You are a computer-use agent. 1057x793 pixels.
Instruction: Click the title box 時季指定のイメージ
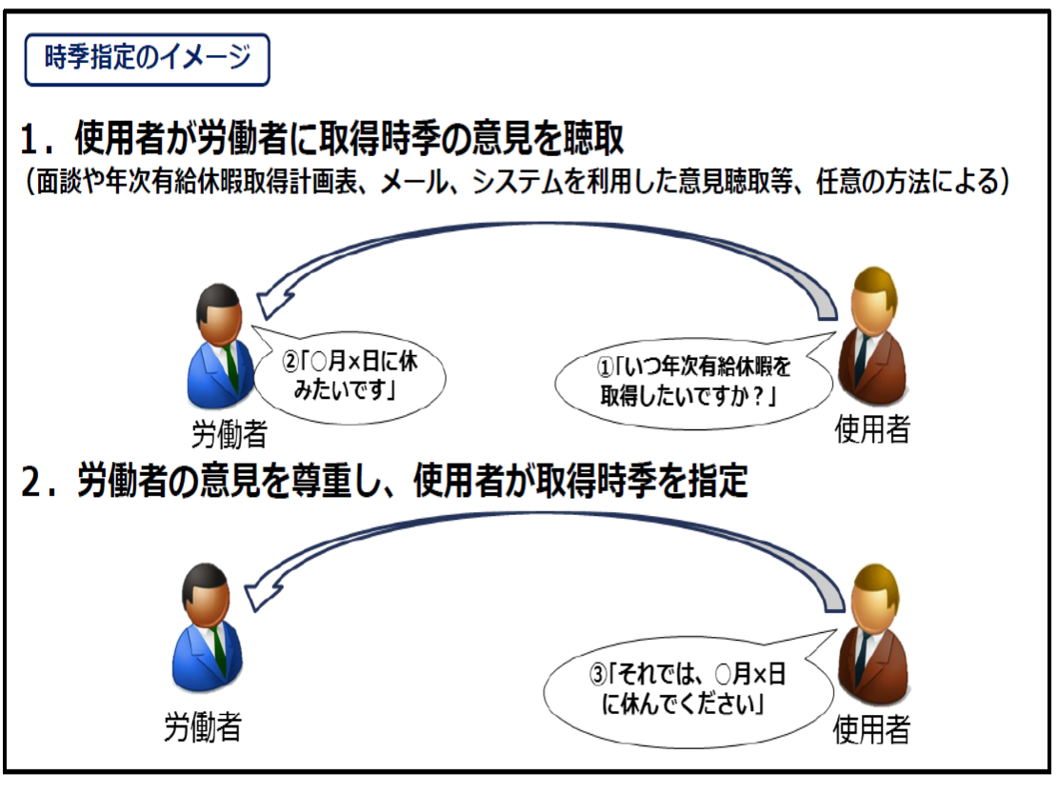tap(147, 59)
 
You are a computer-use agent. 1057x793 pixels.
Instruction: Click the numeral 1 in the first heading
tap(31, 140)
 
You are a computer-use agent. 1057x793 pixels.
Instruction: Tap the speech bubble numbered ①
tap(694, 382)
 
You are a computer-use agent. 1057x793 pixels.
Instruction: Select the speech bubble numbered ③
tap(688, 687)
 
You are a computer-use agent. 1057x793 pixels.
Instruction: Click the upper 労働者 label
tap(229, 434)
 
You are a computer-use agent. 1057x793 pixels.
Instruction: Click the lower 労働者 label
tap(203, 727)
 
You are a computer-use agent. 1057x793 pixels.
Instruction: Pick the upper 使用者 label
tap(872, 429)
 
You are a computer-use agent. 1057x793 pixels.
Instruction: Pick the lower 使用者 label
tap(871, 729)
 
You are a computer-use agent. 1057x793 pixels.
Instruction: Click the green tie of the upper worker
tap(231, 367)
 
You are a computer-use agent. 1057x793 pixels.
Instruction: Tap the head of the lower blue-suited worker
tap(207, 594)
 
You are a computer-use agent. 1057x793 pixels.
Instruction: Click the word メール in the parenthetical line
tap(414, 182)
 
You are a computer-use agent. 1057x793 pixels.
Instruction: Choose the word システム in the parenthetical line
tap(516, 182)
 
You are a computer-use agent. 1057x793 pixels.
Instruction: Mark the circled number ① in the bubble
tap(605, 367)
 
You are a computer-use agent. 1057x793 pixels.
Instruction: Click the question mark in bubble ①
tap(757, 396)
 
